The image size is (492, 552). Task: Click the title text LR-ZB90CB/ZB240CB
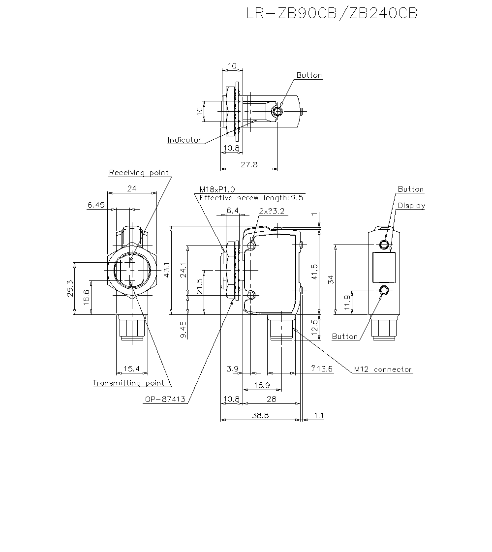pyautogui.click(x=332, y=13)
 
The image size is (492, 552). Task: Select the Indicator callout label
pyautogui.click(x=184, y=140)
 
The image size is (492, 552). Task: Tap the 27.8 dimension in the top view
pyautogui.click(x=249, y=165)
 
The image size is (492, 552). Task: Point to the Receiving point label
pyautogui.click(x=138, y=173)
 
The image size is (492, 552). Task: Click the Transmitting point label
pyautogui.click(x=128, y=383)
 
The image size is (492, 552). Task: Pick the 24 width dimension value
pyautogui.click(x=132, y=188)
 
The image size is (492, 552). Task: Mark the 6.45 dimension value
pyautogui.click(x=96, y=205)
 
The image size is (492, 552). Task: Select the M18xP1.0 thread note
pyautogui.click(x=217, y=189)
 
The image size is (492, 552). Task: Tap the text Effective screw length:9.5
pyautogui.click(x=251, y=198)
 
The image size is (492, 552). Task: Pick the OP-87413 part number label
pyautogui.click(x=165, y=400)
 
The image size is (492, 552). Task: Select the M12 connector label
pyautogui.click(x=383, y=369)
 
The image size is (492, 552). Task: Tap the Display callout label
pyautogui.click(x=411, y=206)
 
